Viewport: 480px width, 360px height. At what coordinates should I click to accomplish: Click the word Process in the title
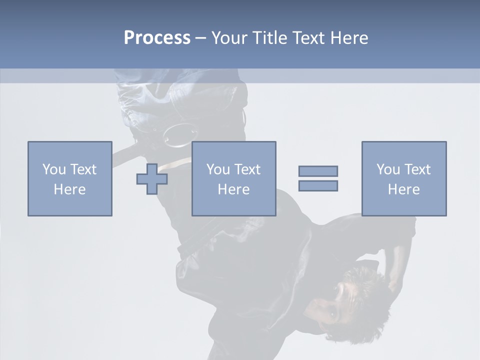pos(157,38)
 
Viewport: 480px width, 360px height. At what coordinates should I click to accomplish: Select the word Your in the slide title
pos(230,38)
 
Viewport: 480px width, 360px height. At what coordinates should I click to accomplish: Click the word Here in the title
pos(349,38)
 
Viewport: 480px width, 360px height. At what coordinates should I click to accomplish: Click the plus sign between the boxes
pos(152,178)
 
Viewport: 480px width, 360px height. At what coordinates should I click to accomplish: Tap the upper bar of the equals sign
pos(318,171)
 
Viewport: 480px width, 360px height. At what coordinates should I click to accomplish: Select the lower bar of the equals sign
pos(318,185)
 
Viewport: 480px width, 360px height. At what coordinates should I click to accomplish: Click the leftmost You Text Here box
pos(70,178)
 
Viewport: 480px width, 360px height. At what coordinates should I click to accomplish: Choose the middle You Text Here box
pos(233,178)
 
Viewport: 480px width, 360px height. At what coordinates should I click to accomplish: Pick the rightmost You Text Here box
pos(403,178)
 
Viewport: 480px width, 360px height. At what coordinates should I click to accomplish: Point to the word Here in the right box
pos(403,189)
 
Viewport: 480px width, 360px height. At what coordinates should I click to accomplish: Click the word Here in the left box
pos(70,189)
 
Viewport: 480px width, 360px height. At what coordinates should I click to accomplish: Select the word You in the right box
pos(388,169)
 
